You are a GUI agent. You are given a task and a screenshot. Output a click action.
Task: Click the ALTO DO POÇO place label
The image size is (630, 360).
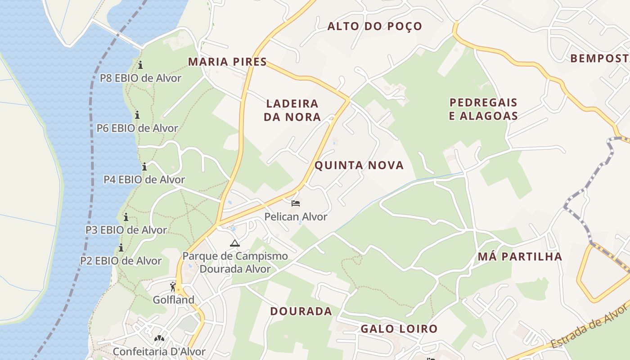(x=374, y=27)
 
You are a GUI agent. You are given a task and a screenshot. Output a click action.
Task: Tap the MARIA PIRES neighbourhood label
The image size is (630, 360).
(x=227, y=62)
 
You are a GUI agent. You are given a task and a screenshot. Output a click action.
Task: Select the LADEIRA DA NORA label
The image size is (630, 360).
(x=292, y=110)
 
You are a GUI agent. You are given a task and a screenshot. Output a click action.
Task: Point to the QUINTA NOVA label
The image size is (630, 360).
(x=359, y=166)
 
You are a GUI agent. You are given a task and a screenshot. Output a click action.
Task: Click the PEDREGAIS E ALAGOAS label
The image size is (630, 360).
(x=483, y=109)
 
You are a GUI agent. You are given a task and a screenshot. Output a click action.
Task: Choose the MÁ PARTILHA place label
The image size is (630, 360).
(x=520, y=257)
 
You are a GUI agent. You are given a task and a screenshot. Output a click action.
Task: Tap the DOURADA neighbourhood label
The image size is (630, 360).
(x=301, y=311)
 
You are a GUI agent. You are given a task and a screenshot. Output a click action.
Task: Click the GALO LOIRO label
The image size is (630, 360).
(x=399, y=329)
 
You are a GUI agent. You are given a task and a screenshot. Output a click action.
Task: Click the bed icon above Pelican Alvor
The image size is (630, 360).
(x=296, y=203)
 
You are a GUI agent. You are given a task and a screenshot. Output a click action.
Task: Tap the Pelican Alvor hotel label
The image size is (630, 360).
(x=296, y=217)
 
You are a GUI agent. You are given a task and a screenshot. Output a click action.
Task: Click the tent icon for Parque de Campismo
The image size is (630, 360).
(x=234, y=243)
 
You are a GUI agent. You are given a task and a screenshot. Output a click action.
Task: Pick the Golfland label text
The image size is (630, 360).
(x=174, y=300)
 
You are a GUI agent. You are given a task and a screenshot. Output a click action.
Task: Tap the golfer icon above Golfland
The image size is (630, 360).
(x=173, y=286)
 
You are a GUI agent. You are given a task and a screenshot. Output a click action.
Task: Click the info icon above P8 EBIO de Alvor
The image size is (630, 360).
(x=140, y=65)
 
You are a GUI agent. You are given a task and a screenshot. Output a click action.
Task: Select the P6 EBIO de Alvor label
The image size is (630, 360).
(x=137, y=128)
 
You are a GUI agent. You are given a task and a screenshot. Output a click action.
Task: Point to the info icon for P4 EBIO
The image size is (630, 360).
(x=144, y=167)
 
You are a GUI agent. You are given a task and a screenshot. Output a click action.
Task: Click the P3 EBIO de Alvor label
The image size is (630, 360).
(x=126, y=230)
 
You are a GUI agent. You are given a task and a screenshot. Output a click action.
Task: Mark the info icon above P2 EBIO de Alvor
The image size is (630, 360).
(x=121, y=247)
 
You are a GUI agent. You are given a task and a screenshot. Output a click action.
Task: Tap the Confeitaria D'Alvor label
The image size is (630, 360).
(x=159, y=351)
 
